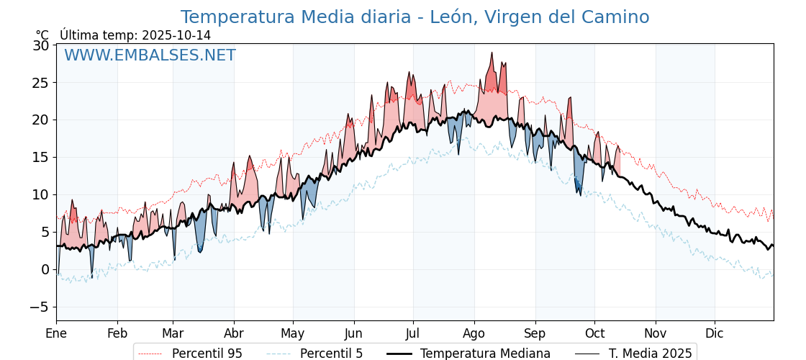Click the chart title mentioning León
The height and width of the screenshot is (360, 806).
click(415, 17)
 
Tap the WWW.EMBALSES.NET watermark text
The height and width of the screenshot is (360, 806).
click(150, 55)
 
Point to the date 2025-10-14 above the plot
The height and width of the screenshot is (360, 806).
click(176, 35)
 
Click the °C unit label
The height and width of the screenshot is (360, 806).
click(42, 35)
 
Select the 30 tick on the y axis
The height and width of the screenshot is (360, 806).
click(41, 45)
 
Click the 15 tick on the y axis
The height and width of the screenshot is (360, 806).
click(41, 157)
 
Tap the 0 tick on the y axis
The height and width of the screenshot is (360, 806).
click(45, 269)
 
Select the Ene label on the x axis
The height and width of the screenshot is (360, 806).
click(56, 333)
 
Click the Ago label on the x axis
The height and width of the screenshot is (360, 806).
click(474, 333)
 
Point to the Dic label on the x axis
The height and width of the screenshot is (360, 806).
click(715, 333)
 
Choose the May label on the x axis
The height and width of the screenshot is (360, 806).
click(293, 333)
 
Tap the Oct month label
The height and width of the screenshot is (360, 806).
click(594, 333)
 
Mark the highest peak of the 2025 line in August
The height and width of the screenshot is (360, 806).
click(492, 53)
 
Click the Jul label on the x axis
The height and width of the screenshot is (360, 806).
click(413, 333)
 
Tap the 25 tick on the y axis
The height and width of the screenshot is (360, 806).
click(41, 83)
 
